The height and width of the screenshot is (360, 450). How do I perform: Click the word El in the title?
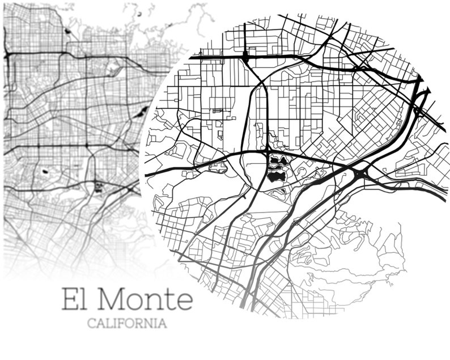coord(75,299)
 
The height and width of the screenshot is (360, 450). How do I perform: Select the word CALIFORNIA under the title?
coord(127,324)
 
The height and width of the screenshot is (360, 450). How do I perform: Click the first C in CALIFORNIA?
coord(91,324)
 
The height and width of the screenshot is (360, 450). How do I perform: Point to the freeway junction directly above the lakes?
coord(267,151)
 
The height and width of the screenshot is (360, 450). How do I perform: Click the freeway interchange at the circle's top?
coord(245,56)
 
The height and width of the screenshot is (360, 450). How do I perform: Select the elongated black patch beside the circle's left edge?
coord(143,111)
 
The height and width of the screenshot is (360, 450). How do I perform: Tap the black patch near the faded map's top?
coord(68,31)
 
